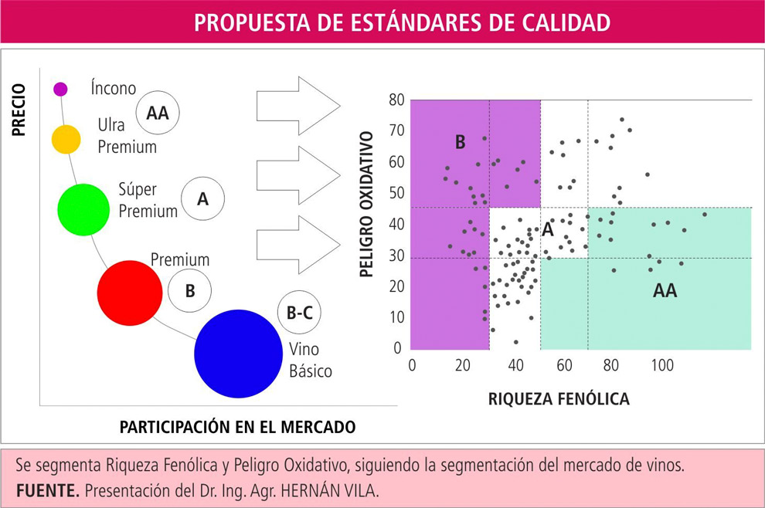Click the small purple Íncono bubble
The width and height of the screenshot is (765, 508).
point(60,89)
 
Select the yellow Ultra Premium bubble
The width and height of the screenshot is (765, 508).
point(66,139)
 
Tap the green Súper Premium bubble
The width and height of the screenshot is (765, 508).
point(84,209)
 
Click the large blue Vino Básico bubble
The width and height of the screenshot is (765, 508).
point(237,352)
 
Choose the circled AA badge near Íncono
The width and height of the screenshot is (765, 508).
point(158,113)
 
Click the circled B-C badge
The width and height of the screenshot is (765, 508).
point(299,313)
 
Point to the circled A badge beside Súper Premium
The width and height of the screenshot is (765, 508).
point(203,198)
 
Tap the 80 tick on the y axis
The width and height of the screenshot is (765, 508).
point(396,100)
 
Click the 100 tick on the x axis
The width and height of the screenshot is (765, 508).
point(662,364)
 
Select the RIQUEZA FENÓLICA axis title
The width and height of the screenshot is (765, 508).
point(559,399)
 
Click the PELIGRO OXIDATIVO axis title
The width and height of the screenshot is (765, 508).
point(369,205)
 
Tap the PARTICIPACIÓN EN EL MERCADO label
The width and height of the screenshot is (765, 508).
point(237,426)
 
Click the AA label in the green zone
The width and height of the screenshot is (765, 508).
point(665,291)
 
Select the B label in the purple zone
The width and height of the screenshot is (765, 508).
point(460,142)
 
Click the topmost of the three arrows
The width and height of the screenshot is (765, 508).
point(297,104)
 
